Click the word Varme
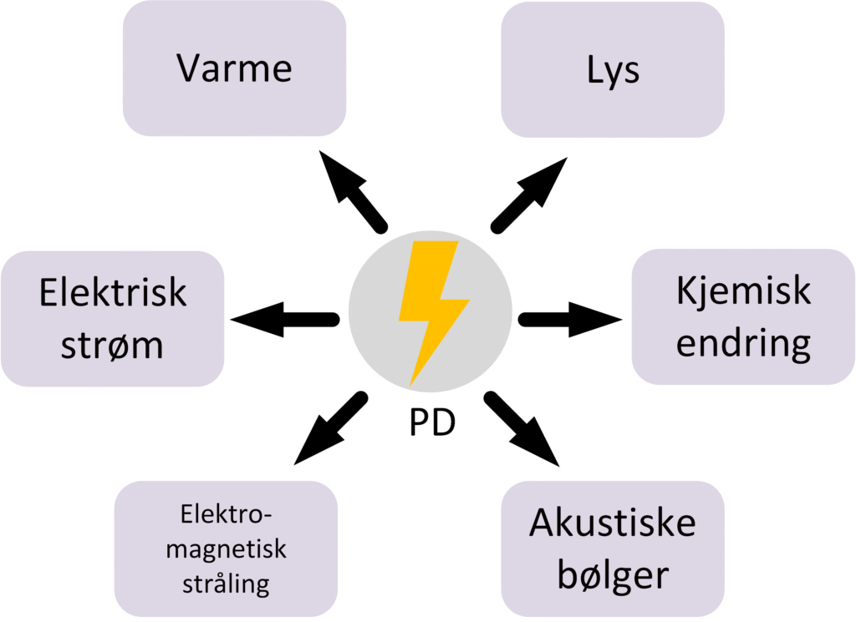click(234, 68)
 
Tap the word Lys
click(612, 71)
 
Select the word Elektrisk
click(112, 294)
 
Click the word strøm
click(112, 344)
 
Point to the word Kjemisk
click(743, 292)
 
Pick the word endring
click(743, 342)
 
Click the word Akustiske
click(612, 524)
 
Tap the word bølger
click(612, 574)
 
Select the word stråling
click(226, 583)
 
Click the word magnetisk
click(226, 549)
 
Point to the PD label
click(431, 424)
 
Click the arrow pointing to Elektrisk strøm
click(284, 319)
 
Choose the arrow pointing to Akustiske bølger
click(522, 427)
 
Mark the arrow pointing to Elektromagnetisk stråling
click(330, 428)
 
